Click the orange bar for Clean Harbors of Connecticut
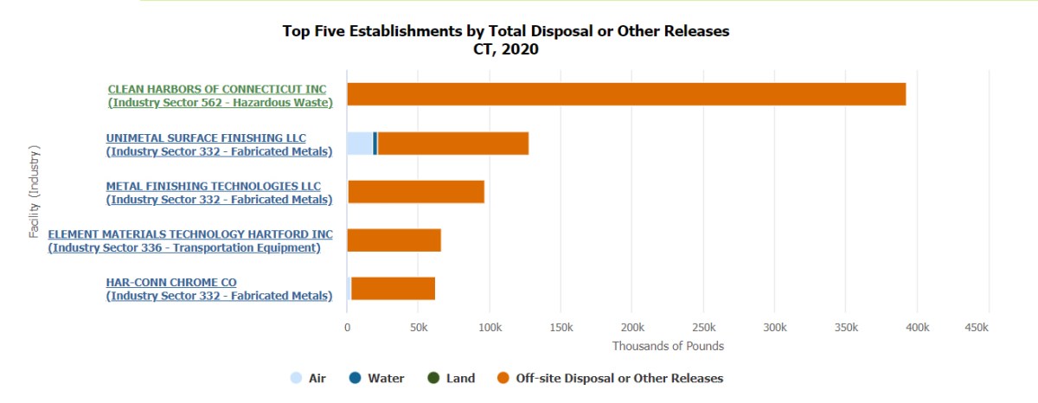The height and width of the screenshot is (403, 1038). pos(626,94)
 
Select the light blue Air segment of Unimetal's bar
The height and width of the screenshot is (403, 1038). pos(360,144)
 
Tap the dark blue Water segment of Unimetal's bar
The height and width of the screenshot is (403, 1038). pos(375,144)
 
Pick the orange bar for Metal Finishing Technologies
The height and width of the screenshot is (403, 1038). pos(416,192)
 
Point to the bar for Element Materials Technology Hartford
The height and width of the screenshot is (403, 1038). pos(394,240)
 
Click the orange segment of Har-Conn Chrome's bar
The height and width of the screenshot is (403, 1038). pos(394,289)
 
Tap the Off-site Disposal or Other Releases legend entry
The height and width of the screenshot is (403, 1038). pos(610,378)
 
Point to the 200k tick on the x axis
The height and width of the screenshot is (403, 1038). pos(632,328)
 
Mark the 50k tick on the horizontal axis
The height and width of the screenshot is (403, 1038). pos(419,328)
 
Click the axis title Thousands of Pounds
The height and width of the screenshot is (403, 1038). pos(668,346)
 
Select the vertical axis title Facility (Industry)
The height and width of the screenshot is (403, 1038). pos(35,191)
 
